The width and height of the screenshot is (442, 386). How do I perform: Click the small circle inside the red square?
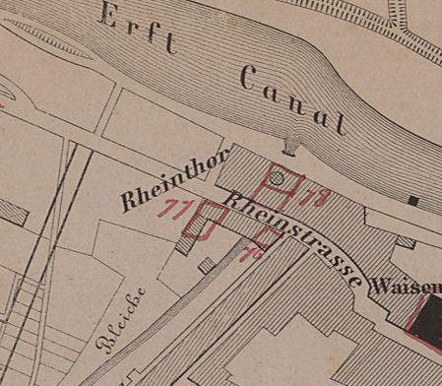coord(278,178)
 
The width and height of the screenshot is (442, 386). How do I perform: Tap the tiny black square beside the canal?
coord(413,201)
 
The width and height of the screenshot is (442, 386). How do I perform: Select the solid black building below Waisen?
coord(425,325)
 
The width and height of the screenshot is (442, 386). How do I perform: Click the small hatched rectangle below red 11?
coord(206,264)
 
